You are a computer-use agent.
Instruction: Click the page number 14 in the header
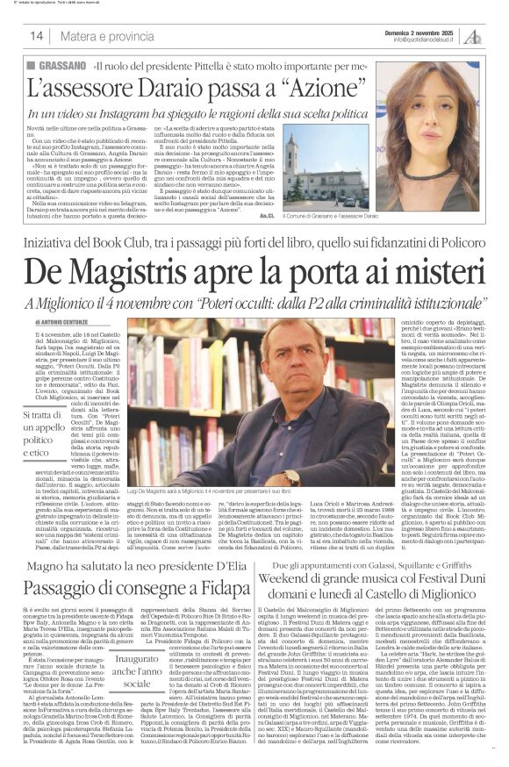37,36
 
